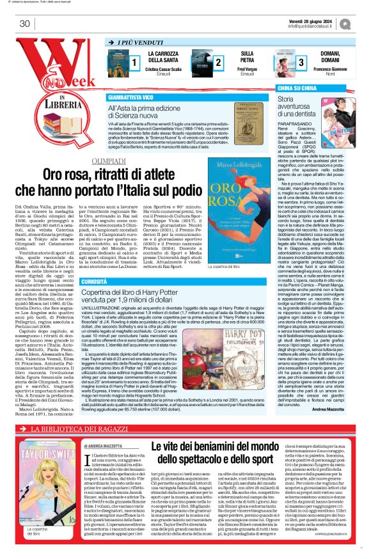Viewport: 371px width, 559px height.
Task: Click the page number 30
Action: coord(25,24)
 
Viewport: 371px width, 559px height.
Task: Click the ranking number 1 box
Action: coord(134,62)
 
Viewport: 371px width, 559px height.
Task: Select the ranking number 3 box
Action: coord(301,62)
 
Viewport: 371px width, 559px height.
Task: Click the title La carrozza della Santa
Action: coord(163,56)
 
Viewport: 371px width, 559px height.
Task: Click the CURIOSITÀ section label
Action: coord(121,281)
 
